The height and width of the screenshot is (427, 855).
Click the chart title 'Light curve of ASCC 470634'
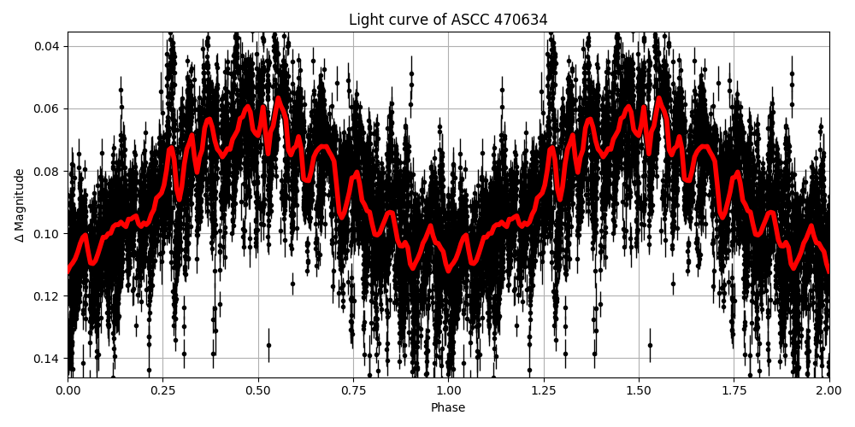448,20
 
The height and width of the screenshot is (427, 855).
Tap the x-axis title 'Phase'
448,408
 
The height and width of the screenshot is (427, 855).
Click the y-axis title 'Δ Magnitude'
20,205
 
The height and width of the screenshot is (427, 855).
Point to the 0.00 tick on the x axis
68,390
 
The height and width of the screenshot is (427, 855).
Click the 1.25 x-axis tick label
543,390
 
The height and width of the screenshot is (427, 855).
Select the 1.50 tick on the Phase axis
638,390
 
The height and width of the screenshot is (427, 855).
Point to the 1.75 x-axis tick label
733,390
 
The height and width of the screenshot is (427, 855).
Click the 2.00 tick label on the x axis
828,390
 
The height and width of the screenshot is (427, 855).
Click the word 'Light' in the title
364,20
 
